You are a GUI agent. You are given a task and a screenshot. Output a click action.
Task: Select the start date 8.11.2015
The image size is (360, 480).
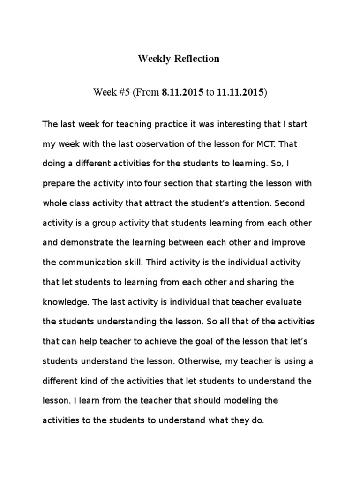(x=183, y=92)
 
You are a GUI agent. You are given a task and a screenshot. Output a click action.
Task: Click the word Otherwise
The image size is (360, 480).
(x=193, y=361)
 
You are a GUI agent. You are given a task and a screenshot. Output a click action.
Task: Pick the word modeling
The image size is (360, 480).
(x=247, y=400)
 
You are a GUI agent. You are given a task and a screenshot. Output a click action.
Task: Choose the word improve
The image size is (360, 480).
(x=291, y=243)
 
